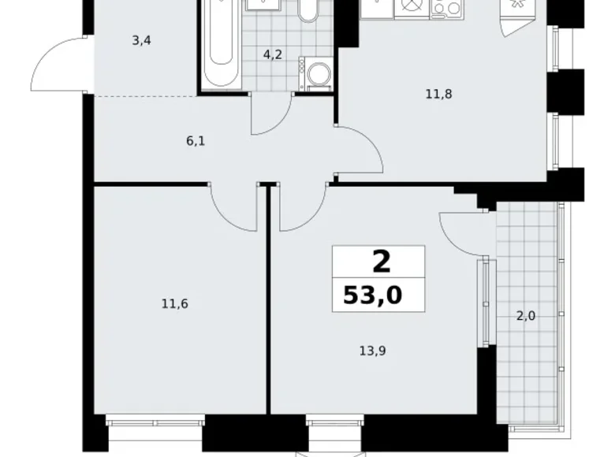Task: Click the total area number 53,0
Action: point(372,295)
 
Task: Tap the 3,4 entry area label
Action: point(142,41)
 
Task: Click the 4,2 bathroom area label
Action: point(273,55)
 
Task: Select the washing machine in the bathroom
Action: point(319,76)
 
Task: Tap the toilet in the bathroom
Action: point(307,11)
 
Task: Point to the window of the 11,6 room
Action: point(154,424)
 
